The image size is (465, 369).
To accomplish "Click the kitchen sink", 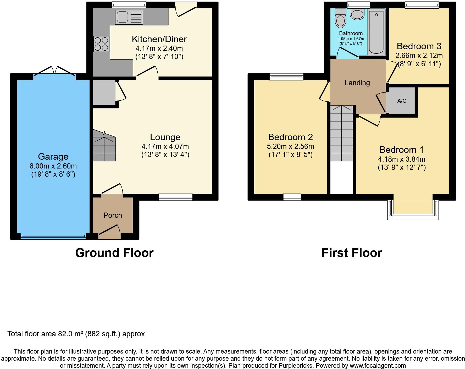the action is (x=129, y=17).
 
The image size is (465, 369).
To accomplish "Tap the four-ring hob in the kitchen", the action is (x=101, y=44).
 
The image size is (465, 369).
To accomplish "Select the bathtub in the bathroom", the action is (x=376, y=32).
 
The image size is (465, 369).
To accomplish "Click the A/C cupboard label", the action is (x=402, y=101).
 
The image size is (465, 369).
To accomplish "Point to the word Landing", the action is (x=357, y=83).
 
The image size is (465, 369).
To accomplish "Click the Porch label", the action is (x=113, y=215).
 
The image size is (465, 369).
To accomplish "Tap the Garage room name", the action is (x=53, y=156).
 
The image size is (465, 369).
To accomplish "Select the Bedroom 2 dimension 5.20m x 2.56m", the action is (x=291, y=146).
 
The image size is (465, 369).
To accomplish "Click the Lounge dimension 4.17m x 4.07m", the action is (x=165, y=146).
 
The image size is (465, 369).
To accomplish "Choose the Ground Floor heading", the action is (x=114, y=253).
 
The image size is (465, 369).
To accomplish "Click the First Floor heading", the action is (x=352, y=253).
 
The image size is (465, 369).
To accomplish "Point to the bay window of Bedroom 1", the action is (x=413, y=210).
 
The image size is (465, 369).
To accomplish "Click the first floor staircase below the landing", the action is (x=341, y=133).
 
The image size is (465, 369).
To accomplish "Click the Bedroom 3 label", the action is (x=419, y=46).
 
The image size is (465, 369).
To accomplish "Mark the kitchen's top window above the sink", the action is (x=129, y=4).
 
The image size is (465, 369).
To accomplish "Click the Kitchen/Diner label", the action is (x=159, y=39).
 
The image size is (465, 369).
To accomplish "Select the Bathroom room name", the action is (x=351, y=33).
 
